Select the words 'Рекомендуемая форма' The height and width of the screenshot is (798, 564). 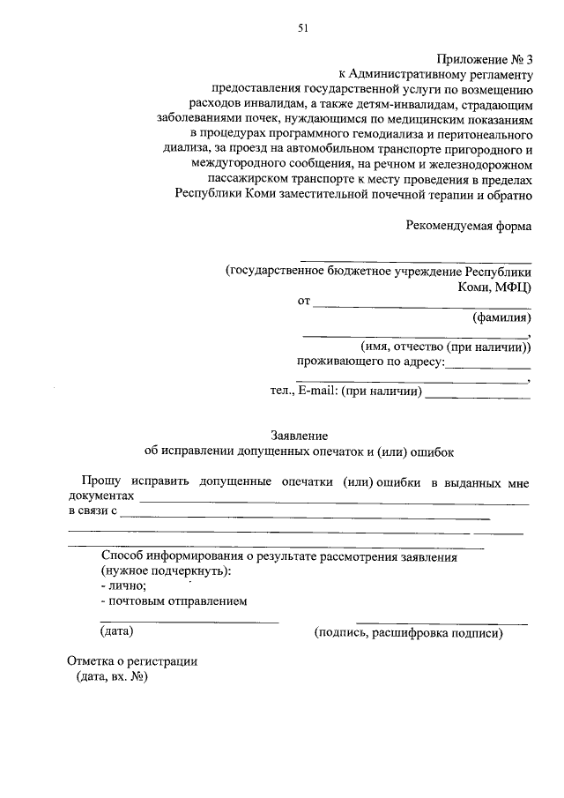pos(469,226)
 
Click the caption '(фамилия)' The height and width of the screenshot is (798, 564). pos(501,317)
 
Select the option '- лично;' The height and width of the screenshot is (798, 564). pos(124,585)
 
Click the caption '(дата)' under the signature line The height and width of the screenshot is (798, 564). pos(117,631)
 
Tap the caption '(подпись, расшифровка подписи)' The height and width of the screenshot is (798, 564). pos(408,633)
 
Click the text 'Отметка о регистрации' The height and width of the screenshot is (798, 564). pos(133,661)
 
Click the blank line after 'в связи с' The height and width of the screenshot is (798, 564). pos(304,517)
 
